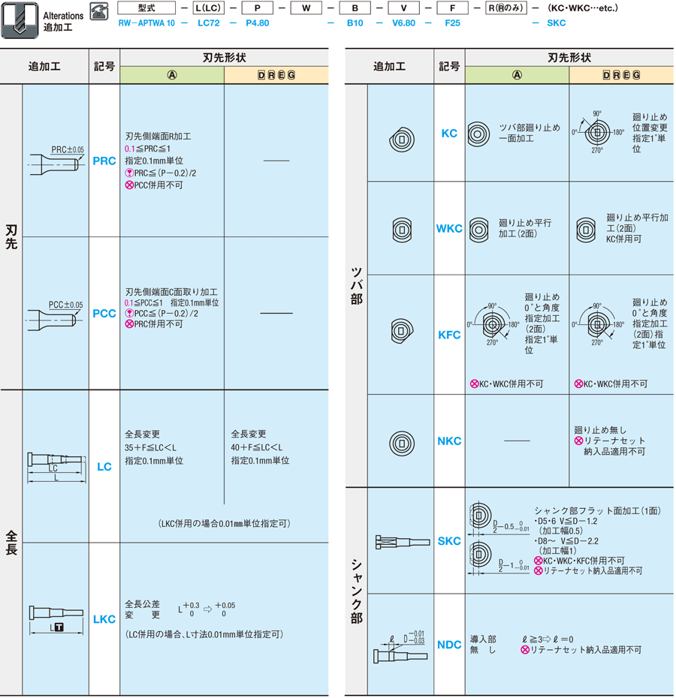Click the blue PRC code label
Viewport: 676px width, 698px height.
click(104, 161)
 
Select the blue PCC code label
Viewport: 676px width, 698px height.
click(104, 313)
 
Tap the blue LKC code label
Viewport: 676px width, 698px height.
click(104, 619)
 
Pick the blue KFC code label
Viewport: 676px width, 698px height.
click(449, 335)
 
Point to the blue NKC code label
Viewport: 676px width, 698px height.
click(449, 441)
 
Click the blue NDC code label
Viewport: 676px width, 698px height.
click(449, 645)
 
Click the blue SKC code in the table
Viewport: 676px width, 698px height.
click(449, 541)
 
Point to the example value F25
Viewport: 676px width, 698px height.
click(453, 23)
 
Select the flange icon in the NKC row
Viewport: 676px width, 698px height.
click(401, 441)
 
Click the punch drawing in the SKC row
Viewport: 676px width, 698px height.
click(401, 540)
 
